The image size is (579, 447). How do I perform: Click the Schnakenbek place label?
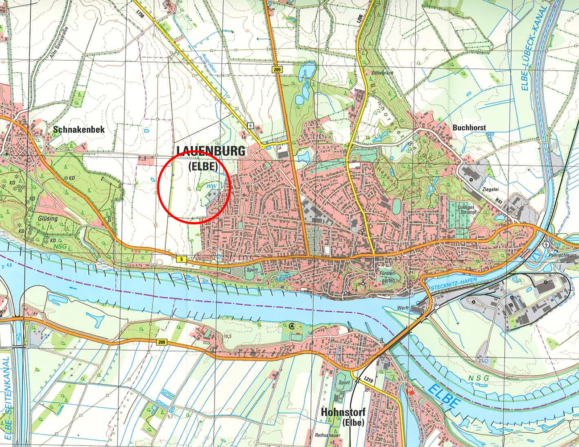[x=79, y=129]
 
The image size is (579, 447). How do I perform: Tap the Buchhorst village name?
[x=469, y=128]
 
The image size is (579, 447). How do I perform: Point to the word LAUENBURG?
[x=211, y=151]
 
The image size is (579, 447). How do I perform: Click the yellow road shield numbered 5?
[x=181, y=259]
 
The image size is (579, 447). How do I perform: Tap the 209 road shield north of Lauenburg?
[x=277, y=69]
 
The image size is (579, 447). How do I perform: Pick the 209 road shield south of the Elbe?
[x=161, y=342]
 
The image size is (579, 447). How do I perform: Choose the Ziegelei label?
[x=490, y=189]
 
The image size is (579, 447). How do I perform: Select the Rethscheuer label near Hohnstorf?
[x=327, y=435]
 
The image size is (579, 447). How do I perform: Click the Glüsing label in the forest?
[x=48, y=218]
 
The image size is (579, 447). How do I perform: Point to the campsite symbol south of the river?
[x=292, y=326]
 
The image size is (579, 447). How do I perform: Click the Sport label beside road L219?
[x=344, y=382]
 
